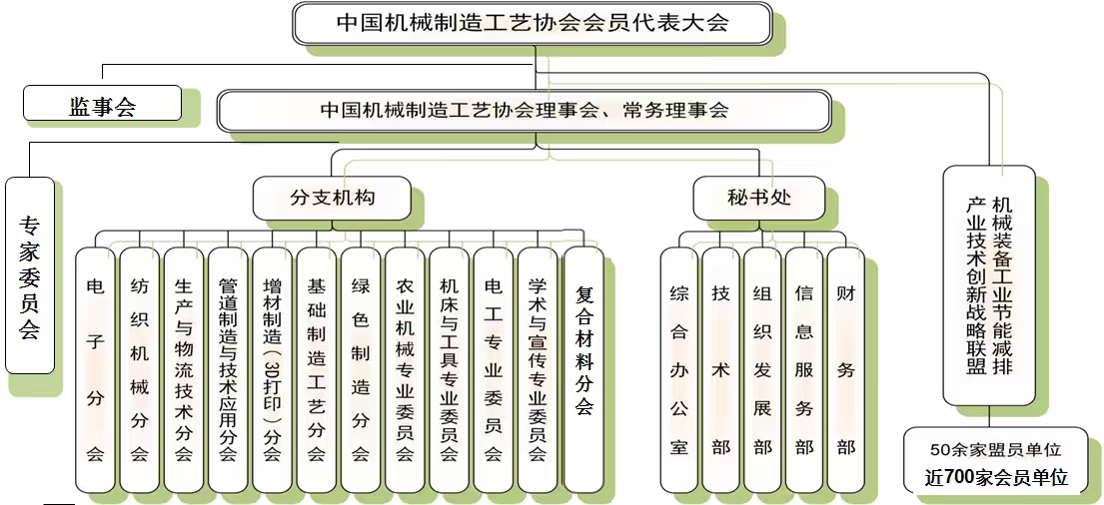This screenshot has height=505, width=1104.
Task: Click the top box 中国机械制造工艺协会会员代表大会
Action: click(x=533, y=23)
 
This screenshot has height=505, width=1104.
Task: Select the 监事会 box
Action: click(x=102, y=104)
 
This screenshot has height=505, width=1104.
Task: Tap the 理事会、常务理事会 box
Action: click(x=524, y=111)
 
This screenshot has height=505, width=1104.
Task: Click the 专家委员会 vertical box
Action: click(x=29, y=274)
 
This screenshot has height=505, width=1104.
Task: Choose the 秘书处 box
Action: click(x=758, y=198)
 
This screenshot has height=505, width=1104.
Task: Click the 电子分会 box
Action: click(x=95, y=369)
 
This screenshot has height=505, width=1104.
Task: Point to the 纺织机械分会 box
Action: click(x=139, y=369)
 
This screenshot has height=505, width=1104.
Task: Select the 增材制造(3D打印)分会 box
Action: click(x=272, y=369)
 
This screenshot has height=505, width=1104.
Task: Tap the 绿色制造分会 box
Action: click(x=361, y=369)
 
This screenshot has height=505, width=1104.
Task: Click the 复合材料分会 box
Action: click(x=584, y=369)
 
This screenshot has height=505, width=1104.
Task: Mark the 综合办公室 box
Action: click(x=679, y=369)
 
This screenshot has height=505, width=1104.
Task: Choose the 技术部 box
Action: click(x=720, y=369)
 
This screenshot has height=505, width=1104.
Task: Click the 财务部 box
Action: click(x=846, y=369)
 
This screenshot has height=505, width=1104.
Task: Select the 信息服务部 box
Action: click(x=804, y=369)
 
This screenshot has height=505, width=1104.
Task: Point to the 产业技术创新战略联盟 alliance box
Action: click(x=988, y=285)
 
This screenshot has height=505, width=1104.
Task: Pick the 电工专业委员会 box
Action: click(x=493, y=369)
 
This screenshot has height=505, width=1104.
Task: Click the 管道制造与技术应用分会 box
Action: click(x=228, y=369)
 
